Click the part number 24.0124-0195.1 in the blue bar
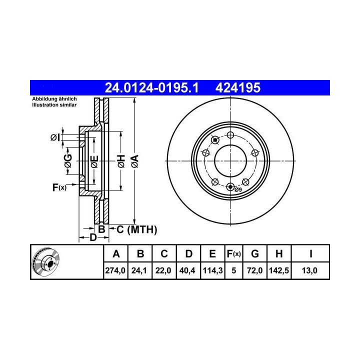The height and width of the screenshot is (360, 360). [x=151, y=87]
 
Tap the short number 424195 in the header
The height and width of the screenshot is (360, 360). [x=238, y=87]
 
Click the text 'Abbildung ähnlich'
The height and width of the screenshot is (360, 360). [x=54, y=99]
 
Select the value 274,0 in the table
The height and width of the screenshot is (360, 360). [x=115, y=270]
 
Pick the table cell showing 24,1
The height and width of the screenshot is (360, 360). [x=139, y=270]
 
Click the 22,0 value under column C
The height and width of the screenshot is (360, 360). [x=163, y=270]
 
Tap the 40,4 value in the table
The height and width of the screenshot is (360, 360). [x=187, y=270]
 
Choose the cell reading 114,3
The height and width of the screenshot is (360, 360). [x=212, y=270]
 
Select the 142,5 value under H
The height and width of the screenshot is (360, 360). [x=279, y=270]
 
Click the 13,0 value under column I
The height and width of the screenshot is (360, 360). [x=309, y=270]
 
